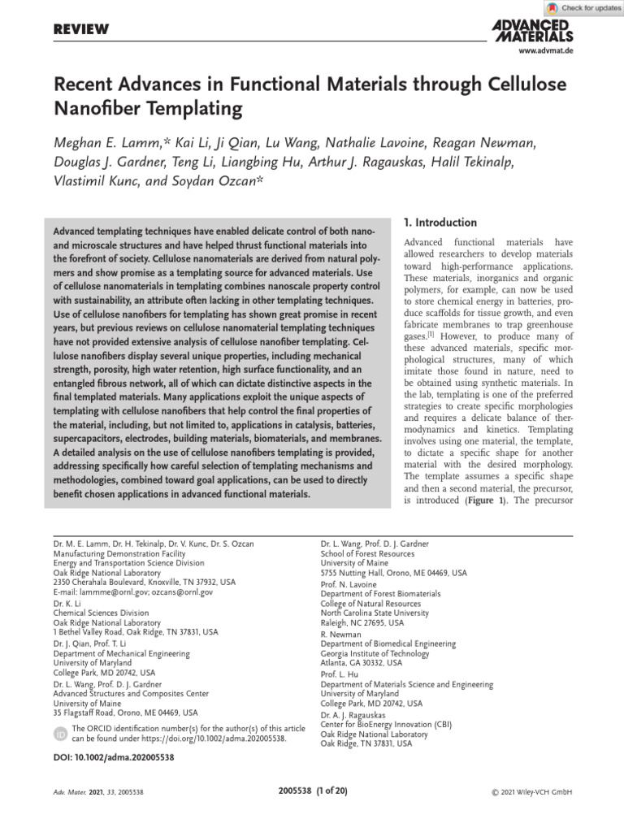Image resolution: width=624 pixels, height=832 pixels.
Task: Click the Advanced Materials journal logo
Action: (x=532, y=31)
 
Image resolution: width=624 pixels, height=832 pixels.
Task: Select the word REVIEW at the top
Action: (x=80, y=29)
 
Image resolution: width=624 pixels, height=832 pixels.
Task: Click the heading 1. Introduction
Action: (x=440, y=223)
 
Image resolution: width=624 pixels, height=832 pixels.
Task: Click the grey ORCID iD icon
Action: (x=60, y=734)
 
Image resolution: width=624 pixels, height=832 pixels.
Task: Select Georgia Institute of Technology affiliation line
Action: (x=375, y=652)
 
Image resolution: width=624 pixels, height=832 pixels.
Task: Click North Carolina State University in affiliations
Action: (x=375, y=613)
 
